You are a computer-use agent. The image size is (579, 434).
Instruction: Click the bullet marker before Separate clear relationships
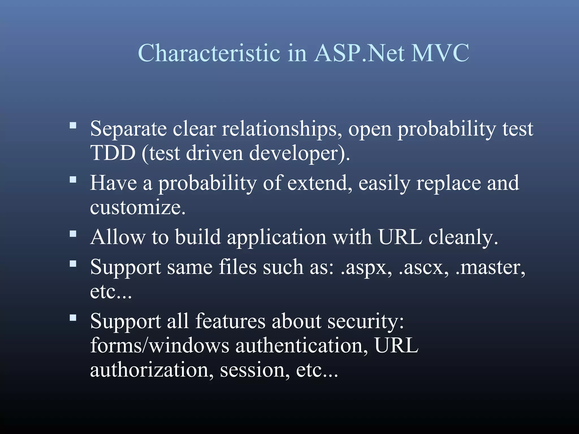[73, 125]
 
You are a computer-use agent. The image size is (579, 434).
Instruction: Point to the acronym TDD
[113, 153]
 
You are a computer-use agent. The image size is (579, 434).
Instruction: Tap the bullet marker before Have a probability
[73, 180]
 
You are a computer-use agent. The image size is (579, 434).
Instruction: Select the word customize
[138, 207]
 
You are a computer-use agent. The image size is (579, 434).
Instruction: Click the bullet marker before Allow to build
[73, 234]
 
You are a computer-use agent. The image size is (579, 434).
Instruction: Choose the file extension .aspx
[366, 267]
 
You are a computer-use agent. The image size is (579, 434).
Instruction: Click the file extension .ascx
[423, 267]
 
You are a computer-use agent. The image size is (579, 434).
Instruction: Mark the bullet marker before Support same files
[73, 264]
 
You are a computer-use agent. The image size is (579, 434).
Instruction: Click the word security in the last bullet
[366, 321]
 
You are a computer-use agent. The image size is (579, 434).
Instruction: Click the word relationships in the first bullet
[282, 129]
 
